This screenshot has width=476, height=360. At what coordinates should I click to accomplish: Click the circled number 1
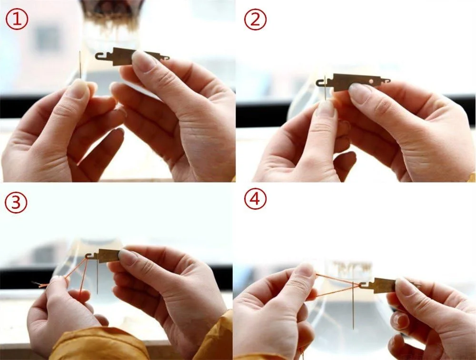[x=17, y=19]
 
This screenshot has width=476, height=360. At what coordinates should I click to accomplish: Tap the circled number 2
[x=255, y=19]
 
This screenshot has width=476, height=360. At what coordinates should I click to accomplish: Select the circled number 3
[x=16, y=202]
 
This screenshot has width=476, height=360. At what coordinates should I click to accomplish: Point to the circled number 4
[x=255, y=199]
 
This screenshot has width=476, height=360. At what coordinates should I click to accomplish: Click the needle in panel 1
[x=80, y=65]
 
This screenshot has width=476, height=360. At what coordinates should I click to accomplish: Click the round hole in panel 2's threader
[x=371, y=81]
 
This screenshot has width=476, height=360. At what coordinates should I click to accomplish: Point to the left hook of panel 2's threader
[x=322, y=82]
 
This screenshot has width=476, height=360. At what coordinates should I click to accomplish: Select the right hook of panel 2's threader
[x=386, y=81]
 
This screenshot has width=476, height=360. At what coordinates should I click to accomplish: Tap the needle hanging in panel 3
[x=98, y=278]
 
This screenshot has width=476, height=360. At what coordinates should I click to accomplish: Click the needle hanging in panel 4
[x=353, y=306]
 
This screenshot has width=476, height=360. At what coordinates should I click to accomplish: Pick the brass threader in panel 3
[x=105, y=256]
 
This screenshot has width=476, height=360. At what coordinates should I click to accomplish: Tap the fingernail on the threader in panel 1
[x=144, y=60]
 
